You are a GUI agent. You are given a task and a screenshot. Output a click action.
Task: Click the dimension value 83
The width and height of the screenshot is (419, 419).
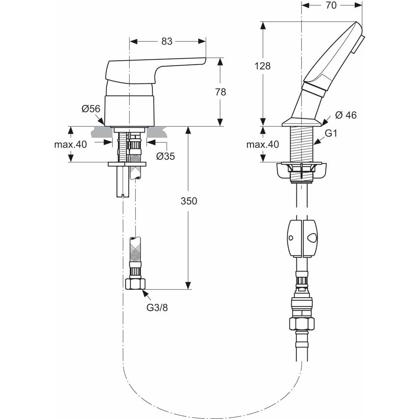point(167,41)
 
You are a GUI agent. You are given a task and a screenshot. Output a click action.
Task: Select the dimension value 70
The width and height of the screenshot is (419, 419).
point(331,5)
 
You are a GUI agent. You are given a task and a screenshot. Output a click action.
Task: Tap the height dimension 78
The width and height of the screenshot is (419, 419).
point(221,92)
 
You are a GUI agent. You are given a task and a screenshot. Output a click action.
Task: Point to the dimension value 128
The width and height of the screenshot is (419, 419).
point(262,66)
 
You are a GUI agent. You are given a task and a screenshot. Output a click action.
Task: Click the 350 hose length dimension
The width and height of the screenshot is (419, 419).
point(189,201)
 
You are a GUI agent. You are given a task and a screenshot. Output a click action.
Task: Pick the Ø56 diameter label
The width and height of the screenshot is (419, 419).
point(91,109)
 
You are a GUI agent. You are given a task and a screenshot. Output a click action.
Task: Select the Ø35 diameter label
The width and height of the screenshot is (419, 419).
point(165,156)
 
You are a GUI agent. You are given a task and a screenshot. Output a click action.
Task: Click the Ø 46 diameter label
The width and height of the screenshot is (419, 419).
point(346,115)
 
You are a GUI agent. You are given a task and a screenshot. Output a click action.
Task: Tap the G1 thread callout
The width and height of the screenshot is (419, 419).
point(332,134)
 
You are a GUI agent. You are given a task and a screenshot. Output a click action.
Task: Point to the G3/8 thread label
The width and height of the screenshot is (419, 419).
point(157,307)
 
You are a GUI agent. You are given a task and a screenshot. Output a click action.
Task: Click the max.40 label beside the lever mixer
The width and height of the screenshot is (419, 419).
point(71,144)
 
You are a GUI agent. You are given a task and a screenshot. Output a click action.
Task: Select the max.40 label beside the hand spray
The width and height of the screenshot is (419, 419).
point(262,144)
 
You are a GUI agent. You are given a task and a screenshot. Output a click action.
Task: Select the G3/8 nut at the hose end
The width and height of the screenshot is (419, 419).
point(135,284)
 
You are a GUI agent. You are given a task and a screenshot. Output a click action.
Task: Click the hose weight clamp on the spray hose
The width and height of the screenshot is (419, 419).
point(302,237)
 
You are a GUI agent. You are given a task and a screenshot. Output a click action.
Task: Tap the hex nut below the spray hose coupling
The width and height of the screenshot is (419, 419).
point(302,323)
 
